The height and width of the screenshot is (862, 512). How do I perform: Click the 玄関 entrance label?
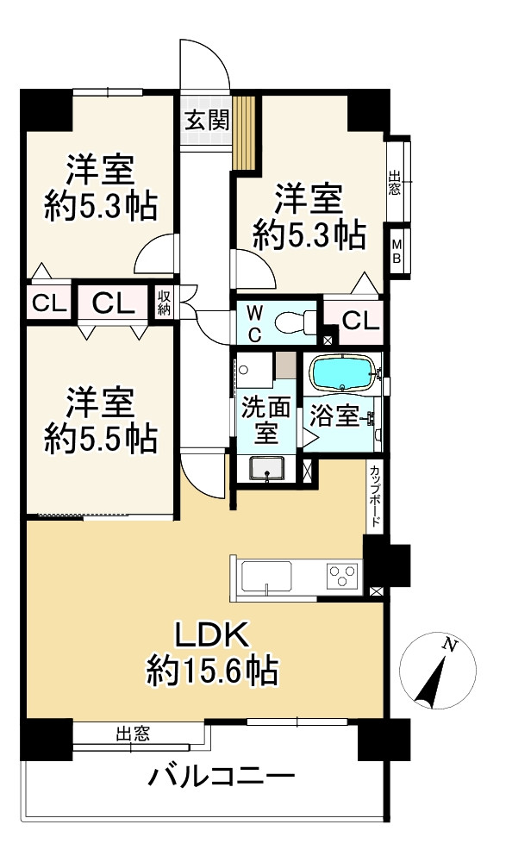point(206,120)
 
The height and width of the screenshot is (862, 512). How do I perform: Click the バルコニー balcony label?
point(222,777)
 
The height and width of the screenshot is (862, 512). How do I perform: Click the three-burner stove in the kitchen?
point(344,576)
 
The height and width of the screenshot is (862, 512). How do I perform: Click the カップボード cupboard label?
point(374,497)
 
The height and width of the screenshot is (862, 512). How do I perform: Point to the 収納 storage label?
point(164,303)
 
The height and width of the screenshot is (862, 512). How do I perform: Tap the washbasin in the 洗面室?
point(266,469)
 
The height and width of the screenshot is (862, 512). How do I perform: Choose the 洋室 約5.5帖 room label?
point(101,421)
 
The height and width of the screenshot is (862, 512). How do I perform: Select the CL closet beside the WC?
point(361,321)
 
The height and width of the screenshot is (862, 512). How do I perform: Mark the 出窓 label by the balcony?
point(133,734)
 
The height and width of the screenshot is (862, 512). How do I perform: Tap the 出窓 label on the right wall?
point(394,183)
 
